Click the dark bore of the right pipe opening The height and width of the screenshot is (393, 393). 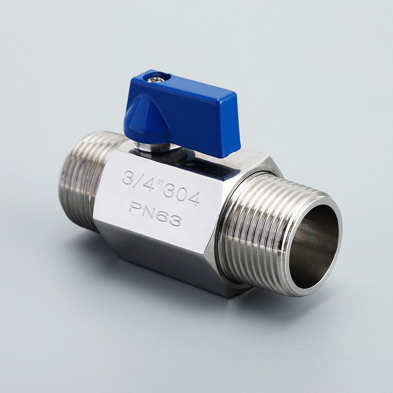click(315, 246)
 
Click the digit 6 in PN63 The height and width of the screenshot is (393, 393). click(162, 215)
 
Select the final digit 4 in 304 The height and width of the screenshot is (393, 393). click(195, 198)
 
